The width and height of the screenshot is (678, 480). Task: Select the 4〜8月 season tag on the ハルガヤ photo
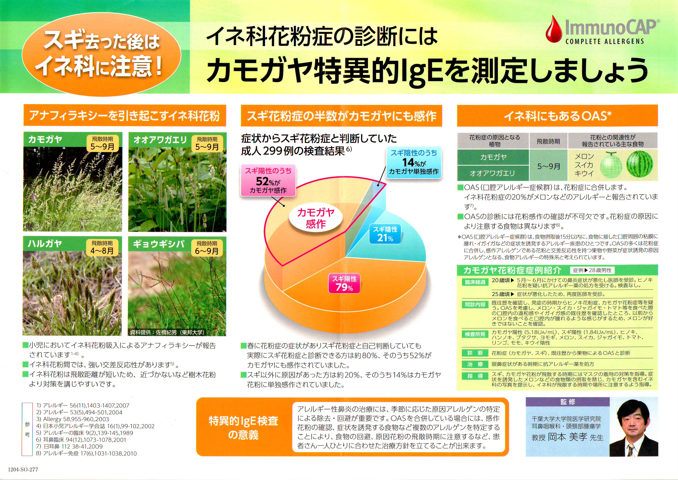102,247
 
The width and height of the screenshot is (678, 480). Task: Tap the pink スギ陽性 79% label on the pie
344,283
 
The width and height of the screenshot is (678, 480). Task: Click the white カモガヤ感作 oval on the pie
316,218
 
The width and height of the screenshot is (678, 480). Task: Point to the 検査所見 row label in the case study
475,334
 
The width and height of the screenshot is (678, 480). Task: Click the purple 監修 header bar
568,402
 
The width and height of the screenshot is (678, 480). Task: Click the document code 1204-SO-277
23,469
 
